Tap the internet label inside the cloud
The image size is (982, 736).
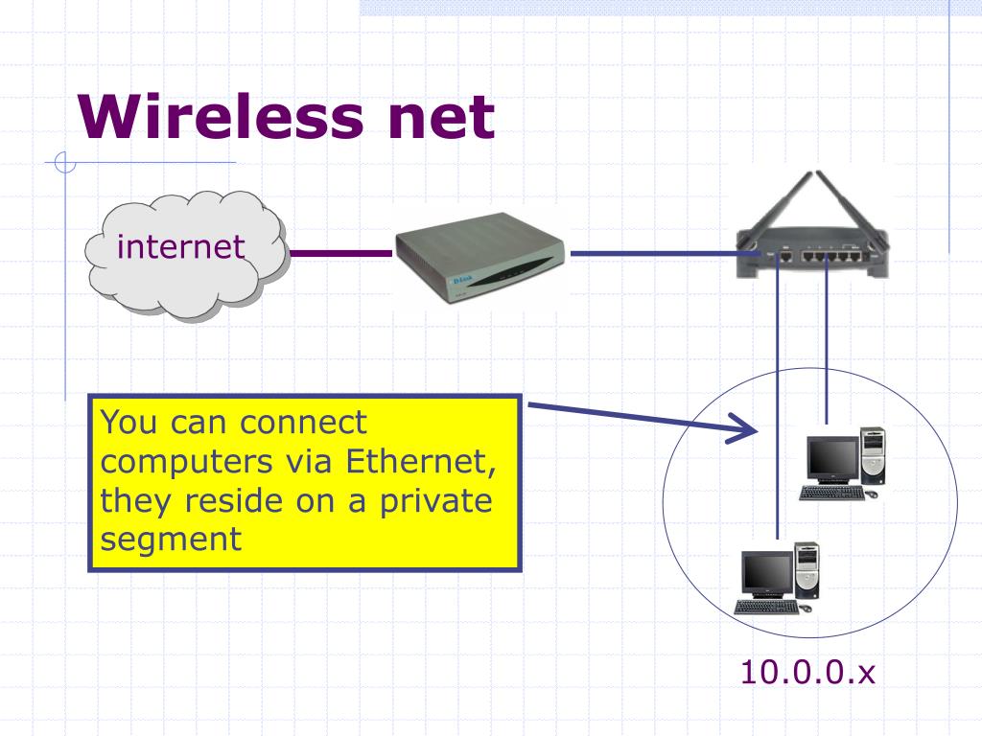point(180,247)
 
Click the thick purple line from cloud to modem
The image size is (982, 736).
point(340,255)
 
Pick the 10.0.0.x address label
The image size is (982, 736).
point(807,673)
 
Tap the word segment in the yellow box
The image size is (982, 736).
point(171,539)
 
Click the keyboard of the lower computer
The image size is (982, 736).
point(767,607)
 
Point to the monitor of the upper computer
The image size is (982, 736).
point(831,459)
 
